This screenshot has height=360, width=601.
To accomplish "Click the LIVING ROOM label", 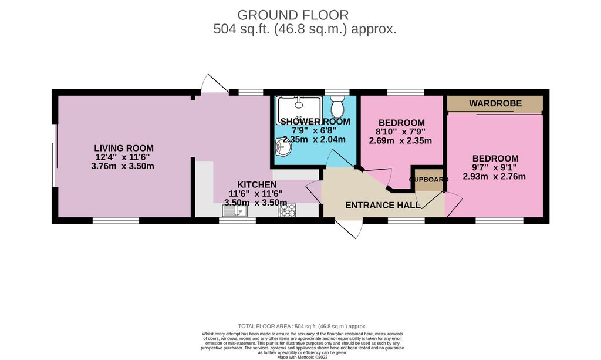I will pos(124,149).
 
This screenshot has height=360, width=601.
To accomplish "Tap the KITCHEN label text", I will pos(256,184).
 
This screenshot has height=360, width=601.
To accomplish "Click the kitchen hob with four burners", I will pos(287,210).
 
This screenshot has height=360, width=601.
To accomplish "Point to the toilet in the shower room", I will pos(337,108).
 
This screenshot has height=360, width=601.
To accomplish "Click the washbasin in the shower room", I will pos(283,149).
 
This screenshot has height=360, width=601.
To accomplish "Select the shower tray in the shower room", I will pos(299,110).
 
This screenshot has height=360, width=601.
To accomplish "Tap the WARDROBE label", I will pos(495,104).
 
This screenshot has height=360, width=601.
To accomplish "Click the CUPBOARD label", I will pos(428,179).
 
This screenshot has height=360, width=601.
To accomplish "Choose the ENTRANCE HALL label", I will pos(382,205).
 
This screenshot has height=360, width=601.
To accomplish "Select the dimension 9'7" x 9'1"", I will pos(495,167).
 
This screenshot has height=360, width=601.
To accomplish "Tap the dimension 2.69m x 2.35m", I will pos(400,140).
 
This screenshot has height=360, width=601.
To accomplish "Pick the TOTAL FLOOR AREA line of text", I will pos(302,326).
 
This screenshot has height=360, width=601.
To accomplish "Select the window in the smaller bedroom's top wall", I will pos(406,92).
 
